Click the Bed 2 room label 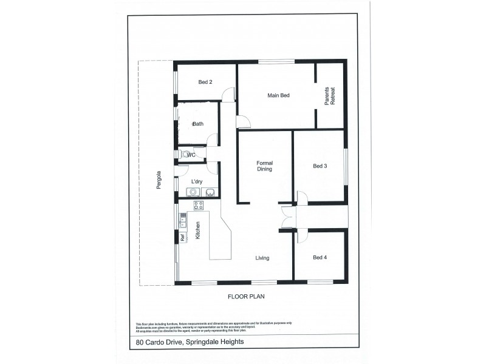[x=205, y=83]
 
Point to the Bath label [x=198, y=124]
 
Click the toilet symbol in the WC [x=185, y=155]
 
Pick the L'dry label [x=196, y=181]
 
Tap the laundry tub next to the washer [x=210, y=192]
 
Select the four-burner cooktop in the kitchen [x=199, y=205]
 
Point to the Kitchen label [x=198, y=231]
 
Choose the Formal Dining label [x=264, y=166]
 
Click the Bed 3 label [x=320, y=166]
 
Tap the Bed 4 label [x=320, y=258]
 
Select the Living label [x=262, y=258]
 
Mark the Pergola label [x=157, y=179]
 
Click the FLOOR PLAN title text [x=247, y=297]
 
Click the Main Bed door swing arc [x=244, y=122]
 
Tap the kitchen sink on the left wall [x=182, y=220]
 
